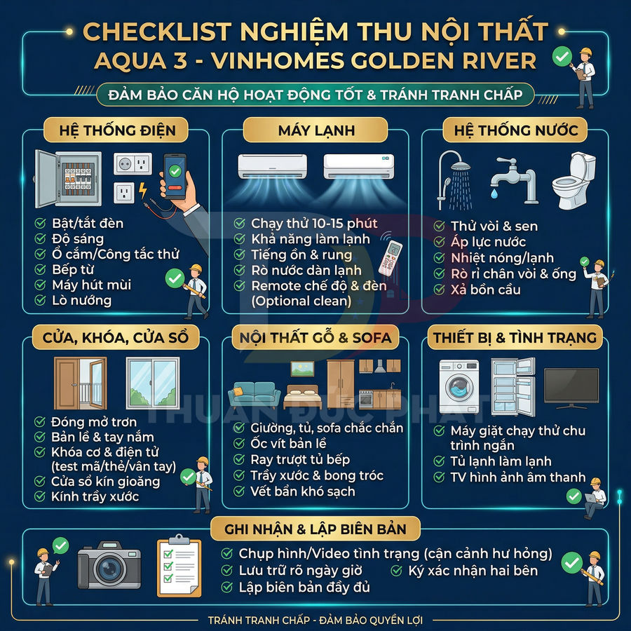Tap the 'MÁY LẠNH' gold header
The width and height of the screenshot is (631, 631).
315,130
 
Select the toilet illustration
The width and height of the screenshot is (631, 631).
573,180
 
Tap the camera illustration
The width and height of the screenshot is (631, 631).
109,564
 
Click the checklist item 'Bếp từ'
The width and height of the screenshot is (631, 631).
73,269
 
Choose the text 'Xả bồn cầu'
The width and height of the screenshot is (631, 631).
486,290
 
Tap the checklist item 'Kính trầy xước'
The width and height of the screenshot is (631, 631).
95,497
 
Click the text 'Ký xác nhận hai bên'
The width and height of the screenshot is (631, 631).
473,571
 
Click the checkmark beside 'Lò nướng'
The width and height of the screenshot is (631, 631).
41,301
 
